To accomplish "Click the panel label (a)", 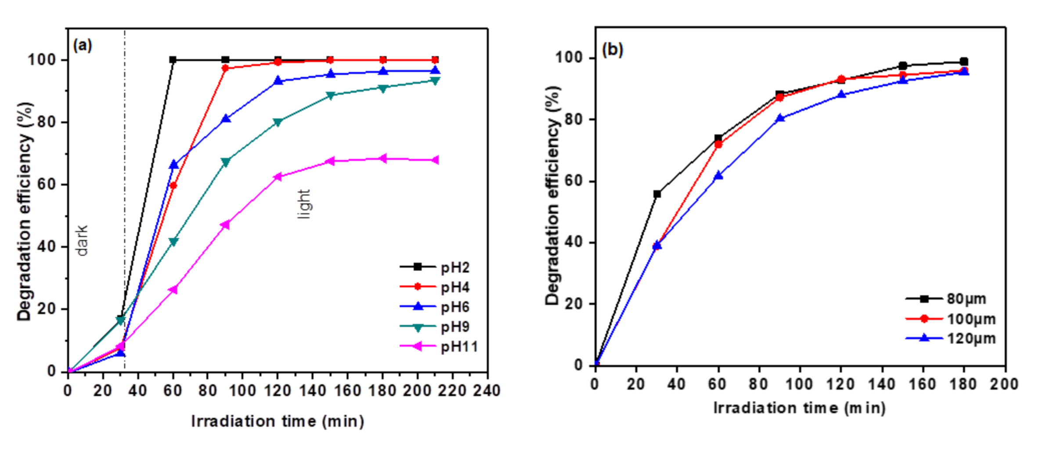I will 83,45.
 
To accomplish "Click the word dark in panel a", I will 82,240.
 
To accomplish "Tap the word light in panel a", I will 304,204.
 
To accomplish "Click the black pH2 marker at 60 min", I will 173,60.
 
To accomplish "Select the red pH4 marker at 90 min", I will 225,68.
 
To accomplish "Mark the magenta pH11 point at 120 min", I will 277,177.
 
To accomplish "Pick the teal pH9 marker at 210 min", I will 435,81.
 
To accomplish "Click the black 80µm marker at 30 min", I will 657,194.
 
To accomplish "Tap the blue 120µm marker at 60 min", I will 718,176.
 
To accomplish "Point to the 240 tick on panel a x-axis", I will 487,390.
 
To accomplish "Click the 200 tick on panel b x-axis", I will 1004,384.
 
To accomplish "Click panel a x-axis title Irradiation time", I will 278,421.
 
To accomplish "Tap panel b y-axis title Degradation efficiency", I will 552,196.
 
